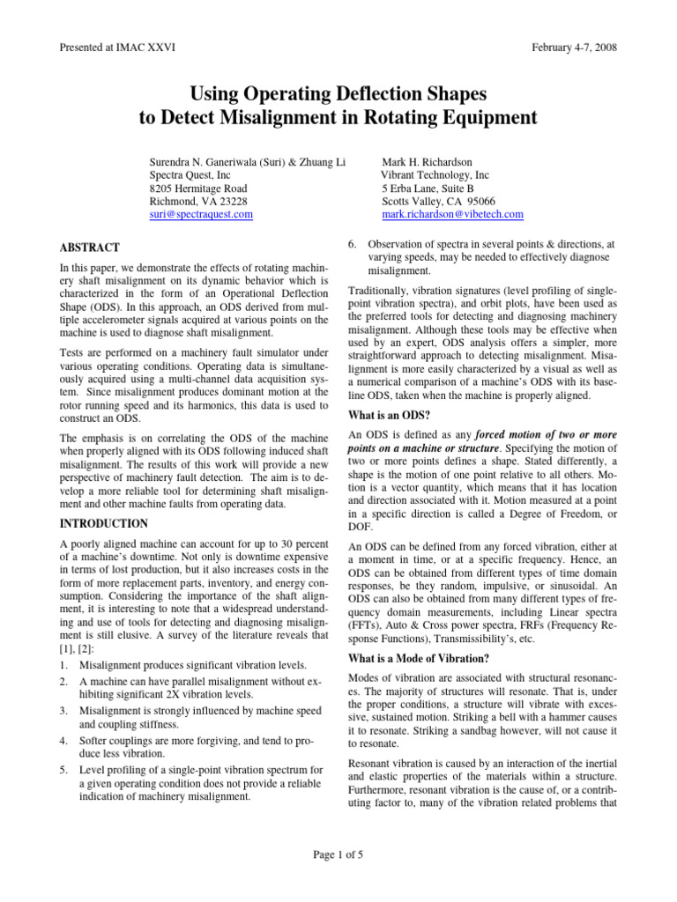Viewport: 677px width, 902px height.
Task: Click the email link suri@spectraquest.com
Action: [x=201, y=214]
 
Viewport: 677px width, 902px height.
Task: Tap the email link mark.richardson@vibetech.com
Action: [x=452, y=214]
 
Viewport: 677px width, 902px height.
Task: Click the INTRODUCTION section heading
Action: [x=102, y=523]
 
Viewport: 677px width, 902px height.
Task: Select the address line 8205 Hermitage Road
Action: [x=198, y=189]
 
